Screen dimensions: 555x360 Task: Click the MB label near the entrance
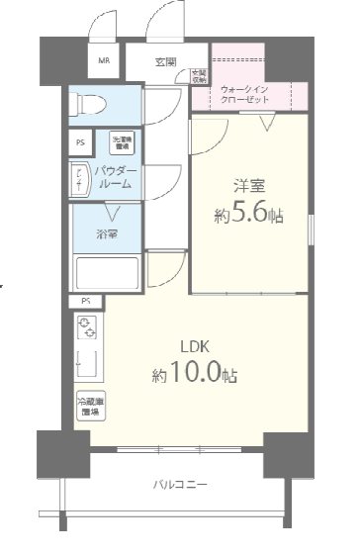tap(103, 60)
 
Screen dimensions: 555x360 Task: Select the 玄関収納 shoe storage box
tap(199, 74)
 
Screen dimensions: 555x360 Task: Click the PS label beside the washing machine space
tap(81, 142)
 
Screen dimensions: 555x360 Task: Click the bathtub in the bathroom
tap(109, 271)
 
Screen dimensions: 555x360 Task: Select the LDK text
tap(193, 346)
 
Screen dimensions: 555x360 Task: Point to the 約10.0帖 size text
tap(194, 375)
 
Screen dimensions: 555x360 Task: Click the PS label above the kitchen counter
tap(86, 302)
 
